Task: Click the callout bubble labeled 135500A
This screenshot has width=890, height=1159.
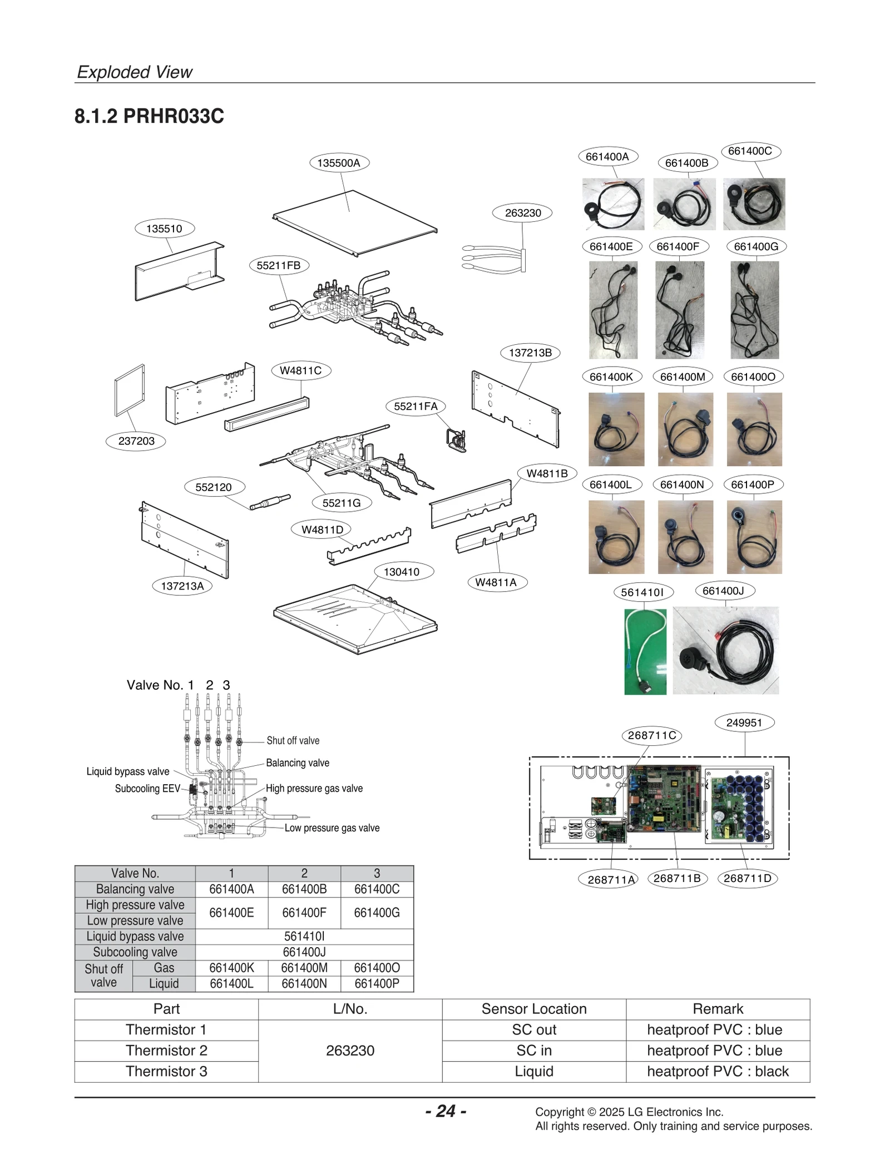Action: [x=339, y=163]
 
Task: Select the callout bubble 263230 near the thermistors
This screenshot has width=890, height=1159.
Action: [x=523, y=212]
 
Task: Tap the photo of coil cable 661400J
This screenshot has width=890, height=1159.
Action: [x=725, y=650]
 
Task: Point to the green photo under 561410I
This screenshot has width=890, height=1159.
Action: [x=645, y=651]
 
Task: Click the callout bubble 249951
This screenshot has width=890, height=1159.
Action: [x=744, y=722]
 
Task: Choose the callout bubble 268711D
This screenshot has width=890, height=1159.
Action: [x=748, y=878]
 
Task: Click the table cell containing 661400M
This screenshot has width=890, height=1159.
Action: [x=304, y=968]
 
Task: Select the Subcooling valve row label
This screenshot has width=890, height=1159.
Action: [x=135, y=952]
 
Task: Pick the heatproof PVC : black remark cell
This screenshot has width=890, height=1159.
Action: [x=718, y=1071]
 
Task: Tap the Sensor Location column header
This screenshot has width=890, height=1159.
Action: [x=534, y=1009]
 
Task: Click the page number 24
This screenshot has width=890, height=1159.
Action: [x=446, y=1111]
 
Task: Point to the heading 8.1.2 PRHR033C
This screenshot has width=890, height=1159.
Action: [x=149, y=116]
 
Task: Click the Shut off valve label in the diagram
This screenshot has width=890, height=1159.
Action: [x=293, y=741]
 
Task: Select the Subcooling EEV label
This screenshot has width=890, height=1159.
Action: [x=147, y=789]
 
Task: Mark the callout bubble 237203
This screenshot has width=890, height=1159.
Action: [x=136, y=441]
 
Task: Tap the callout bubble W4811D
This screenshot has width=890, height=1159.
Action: [x=322, y=529]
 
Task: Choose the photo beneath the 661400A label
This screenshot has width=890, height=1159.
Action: [x=612, y=204]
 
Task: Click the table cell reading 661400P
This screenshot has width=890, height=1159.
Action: [x=377, y=983]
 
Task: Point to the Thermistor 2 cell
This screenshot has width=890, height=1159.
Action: [x=166, y=1051]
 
